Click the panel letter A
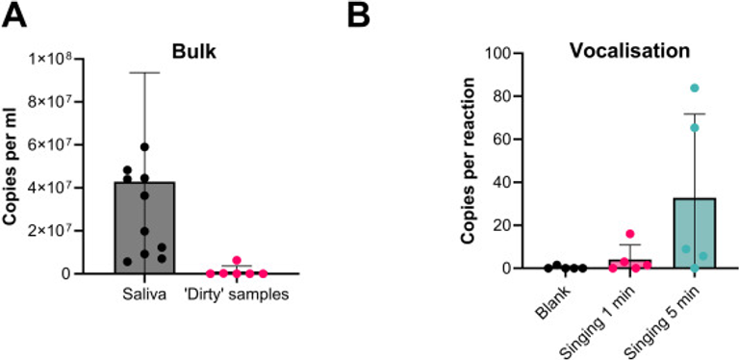pos(16,15)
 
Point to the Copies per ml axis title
pos(20,166)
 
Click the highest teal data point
pos(695,89)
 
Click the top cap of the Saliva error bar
pos(144,72)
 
